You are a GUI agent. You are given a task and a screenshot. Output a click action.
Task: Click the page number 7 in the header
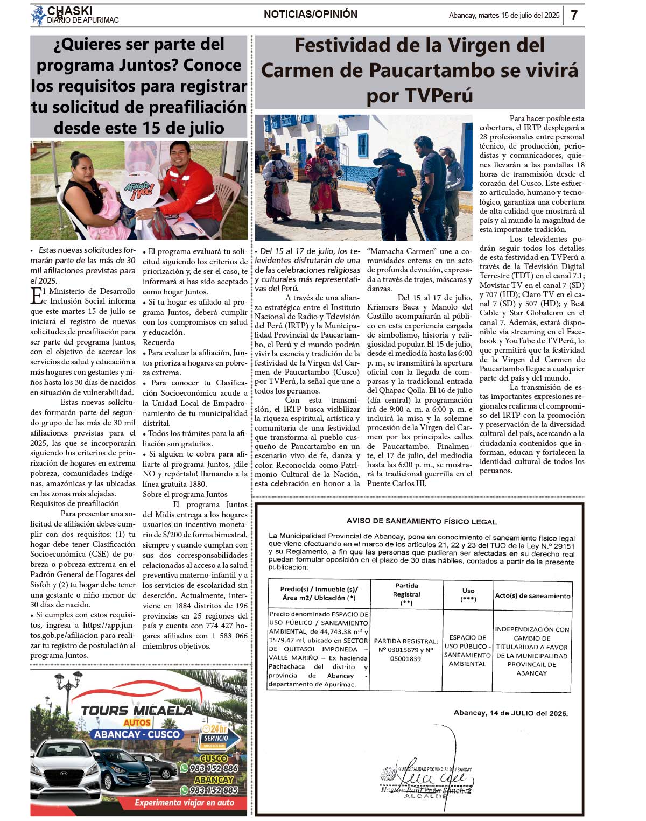[x=574, y=15]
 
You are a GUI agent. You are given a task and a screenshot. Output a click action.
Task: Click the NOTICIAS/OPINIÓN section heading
[x=311, y=15]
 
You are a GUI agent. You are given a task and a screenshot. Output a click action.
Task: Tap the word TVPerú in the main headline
[x=419, y=96]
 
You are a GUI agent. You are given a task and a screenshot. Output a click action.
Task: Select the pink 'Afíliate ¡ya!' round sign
[x=138, y=190]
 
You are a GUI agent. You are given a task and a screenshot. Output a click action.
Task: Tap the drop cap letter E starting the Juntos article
[x=37, y=296]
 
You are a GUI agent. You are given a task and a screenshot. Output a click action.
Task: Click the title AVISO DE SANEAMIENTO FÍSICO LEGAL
[x=422, y=521]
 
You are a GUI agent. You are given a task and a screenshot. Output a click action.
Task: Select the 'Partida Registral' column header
[x=406, y=594]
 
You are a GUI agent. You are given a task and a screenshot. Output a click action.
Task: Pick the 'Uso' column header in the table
[x=468, y=594]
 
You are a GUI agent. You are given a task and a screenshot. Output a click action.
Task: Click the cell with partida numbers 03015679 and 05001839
[x=406, y=650]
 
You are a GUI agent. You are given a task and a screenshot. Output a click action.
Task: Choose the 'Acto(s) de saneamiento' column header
[x=532, y=596]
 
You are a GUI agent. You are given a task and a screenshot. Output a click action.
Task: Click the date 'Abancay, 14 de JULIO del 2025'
[x=510, y=713]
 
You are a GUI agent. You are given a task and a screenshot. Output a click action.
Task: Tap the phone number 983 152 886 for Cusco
[x=214, y=768]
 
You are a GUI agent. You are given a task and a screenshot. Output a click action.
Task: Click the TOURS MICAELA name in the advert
[x=137, y=710]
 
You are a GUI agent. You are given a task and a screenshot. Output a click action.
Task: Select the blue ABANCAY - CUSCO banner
[x=137, y=734]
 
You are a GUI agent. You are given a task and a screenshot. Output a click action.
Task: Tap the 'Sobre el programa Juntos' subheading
[x=185, y=494]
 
